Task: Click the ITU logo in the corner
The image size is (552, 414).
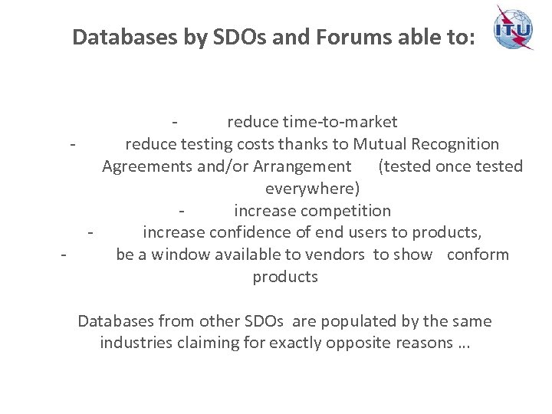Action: tap(513, 28)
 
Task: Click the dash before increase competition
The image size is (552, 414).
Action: tap(181, 210)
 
